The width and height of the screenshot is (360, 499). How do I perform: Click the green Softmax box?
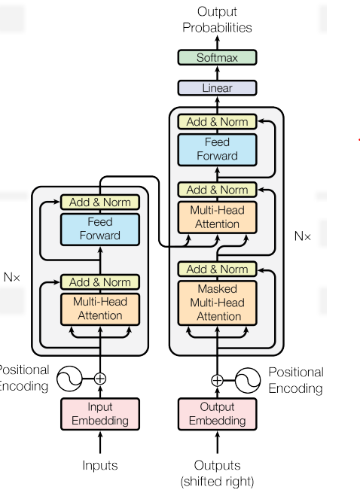(217, 57)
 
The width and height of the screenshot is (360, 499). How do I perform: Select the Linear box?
(217, 88)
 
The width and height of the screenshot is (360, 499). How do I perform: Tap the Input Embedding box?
(100, 414)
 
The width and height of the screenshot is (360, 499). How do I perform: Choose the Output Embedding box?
(217, 414)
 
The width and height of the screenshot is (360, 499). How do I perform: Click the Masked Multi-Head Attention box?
(217, 303)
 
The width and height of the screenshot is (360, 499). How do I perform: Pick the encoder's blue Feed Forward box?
(100, 229)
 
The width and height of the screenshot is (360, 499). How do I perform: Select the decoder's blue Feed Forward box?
(217, 150)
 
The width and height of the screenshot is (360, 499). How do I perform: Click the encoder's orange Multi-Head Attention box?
(100, 309)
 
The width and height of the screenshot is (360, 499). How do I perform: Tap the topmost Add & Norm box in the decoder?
(217, 122)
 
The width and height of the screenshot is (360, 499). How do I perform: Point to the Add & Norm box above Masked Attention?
(217, 269)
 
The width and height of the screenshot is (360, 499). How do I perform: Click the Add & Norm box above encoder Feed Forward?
(100, 202)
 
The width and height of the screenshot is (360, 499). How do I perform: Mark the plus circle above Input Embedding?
(100, 379)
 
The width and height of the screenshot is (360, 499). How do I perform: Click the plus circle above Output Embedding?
(217, 380)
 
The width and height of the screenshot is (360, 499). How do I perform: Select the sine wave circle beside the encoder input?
(69, 379)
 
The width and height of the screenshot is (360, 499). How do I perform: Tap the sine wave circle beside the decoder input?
(248, 380)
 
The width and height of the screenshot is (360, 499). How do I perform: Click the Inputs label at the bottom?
(100, 466)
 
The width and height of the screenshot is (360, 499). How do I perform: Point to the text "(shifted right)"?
(217, 482)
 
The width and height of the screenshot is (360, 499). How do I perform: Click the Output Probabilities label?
(217, 20)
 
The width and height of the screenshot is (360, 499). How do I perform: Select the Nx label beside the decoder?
(302, 236)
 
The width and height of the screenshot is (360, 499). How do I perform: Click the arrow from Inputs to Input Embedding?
(100, 442)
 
